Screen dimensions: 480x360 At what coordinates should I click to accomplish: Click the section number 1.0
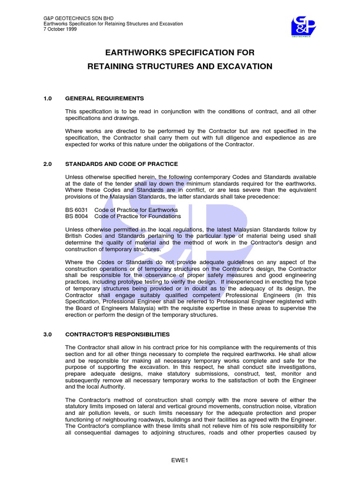click(47, 98)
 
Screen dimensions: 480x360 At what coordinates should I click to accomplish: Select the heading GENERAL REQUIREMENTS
click(104, 98)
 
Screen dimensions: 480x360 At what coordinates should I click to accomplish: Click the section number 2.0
click(47, 164)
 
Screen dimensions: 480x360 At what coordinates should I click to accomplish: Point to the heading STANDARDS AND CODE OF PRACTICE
click(121, 164)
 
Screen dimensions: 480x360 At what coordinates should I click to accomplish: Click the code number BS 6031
click(76, 210)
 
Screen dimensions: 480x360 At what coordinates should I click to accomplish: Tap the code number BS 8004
click(76, 216)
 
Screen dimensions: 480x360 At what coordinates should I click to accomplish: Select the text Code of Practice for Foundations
click(137, 216)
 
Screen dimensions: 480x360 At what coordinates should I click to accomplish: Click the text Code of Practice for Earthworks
click(136, 210)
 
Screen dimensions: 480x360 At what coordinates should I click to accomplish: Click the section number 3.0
click(47, 334)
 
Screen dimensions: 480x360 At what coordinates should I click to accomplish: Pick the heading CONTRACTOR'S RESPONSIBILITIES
click(117, 334)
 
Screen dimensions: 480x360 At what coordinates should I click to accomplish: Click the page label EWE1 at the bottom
click(180, 460)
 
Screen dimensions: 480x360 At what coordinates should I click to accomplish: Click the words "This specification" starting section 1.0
click(89, 112)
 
